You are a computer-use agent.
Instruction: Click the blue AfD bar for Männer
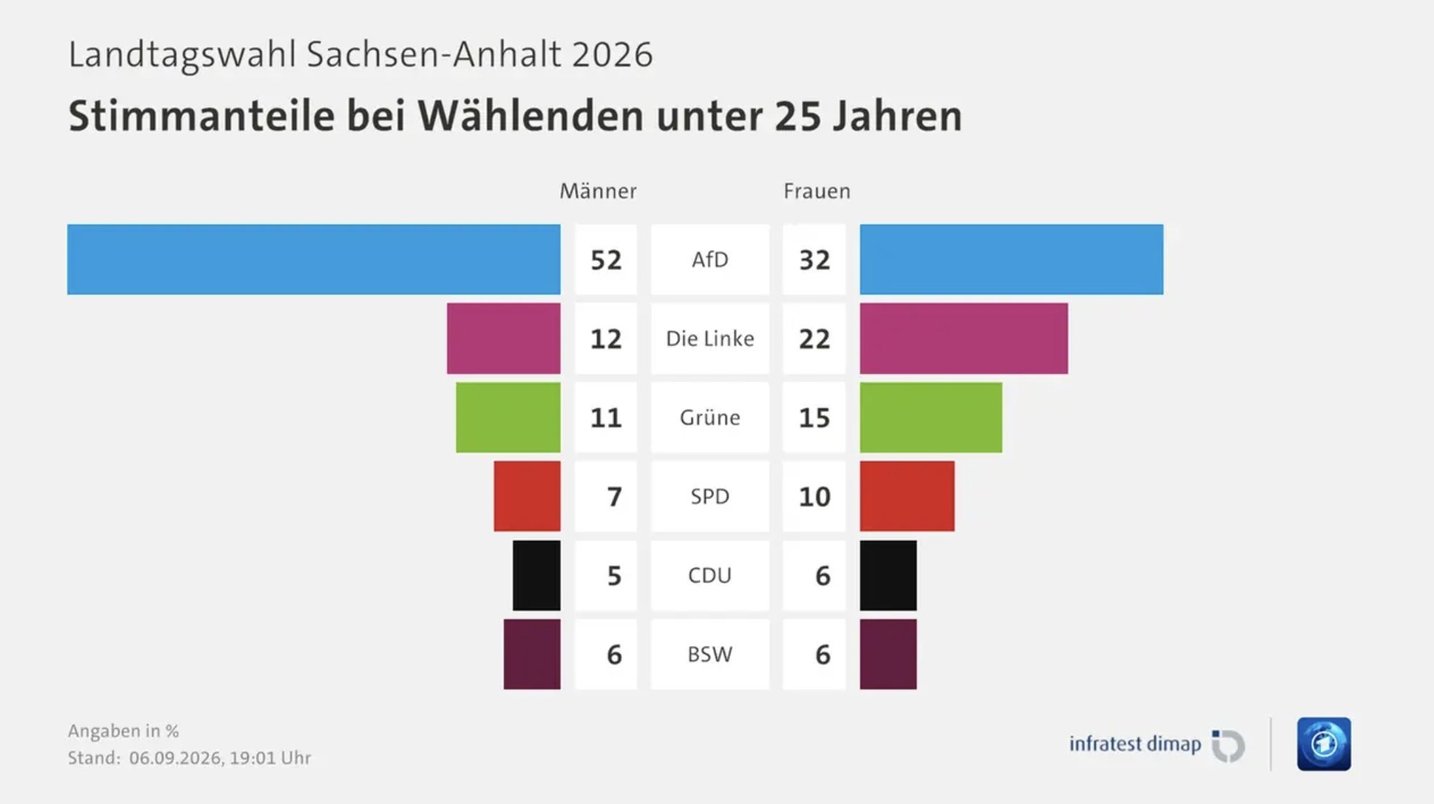click(x=313, y=259)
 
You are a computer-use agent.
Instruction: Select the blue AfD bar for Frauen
click(x=1011, y=259)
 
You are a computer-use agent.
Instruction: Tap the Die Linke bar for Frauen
click(x=964, y=338)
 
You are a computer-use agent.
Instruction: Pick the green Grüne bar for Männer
click(x=508, y=418)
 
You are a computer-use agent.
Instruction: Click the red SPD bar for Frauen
click(x=907, y=496)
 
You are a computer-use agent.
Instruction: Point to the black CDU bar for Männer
click(x=536, y=575)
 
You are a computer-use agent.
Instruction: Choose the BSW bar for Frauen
click(x=888, y=654)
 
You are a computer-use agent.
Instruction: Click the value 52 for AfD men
click(x=606, y=260)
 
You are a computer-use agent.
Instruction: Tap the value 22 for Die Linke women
click(x=814, y=339)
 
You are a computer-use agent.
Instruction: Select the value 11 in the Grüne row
click(x=606, y=418)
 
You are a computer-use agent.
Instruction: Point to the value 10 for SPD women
click(x=814, y=496)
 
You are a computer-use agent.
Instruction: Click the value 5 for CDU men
click(x=614, y=576)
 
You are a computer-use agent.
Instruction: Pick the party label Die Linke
click(x=710, y=338)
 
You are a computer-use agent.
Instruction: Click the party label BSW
click(x=710, y=654)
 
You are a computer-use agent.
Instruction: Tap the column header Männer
click(x=598, y=191)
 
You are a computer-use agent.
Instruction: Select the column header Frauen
click(x=817, y=191)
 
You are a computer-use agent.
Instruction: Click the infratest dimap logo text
click(x=1135, y=744)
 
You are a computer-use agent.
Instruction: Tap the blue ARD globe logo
click(x=1324, y=744)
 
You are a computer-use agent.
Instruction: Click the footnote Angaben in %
click(x=123, y=731)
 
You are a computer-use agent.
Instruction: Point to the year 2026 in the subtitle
click(x=612, y=55)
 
